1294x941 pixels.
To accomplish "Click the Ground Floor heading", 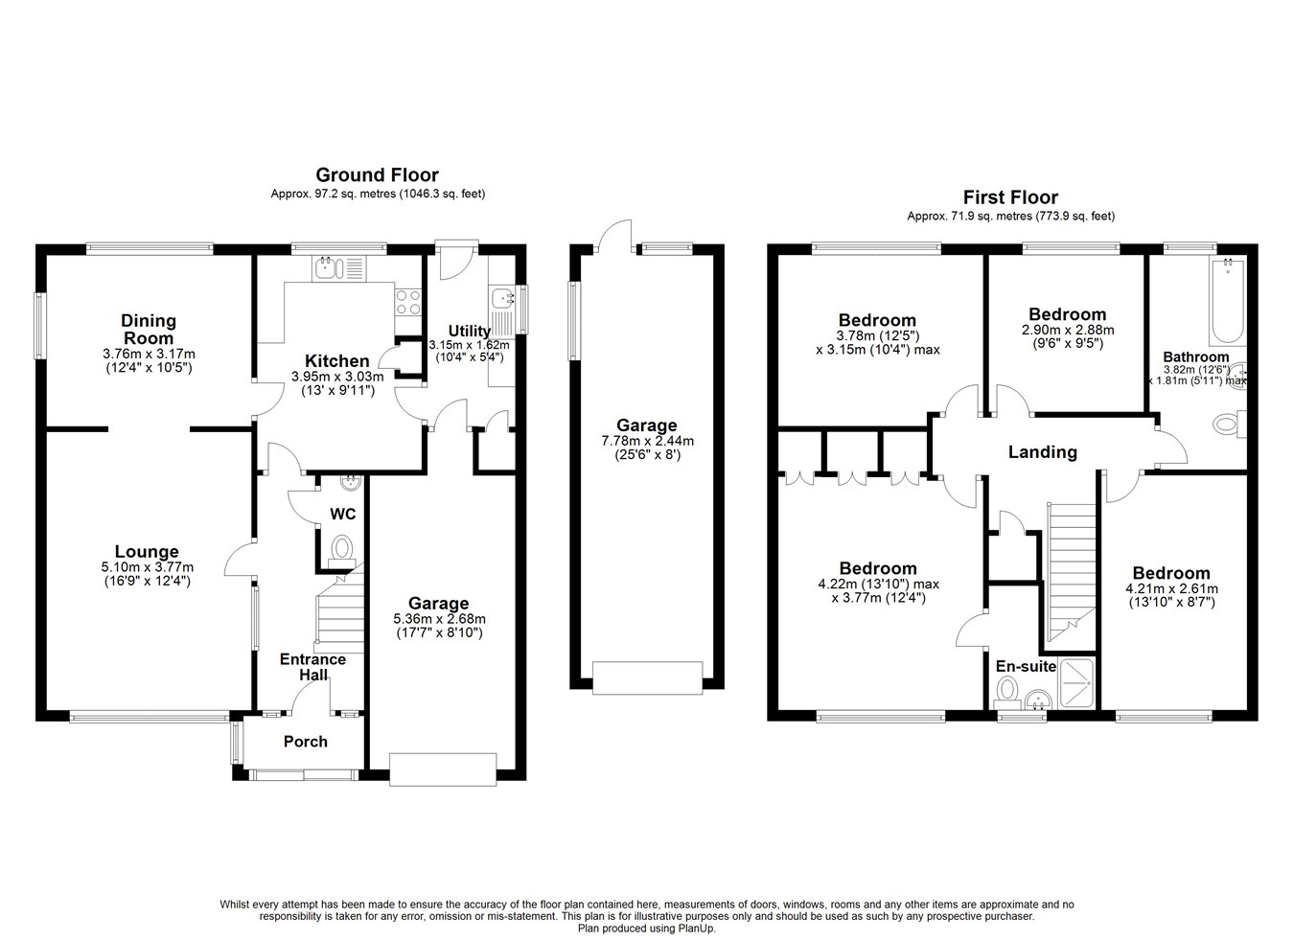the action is click(378, 174).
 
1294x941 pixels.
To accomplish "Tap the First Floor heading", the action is click(1010, 197).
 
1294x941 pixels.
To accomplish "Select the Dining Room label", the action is click(149, 330).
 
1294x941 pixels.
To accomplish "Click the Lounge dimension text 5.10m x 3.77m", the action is click(148, 567).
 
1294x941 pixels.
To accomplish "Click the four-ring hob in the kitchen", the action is click(407, 302).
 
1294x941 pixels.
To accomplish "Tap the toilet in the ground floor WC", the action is click(342, 550).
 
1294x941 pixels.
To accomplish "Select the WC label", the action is click(342, 514).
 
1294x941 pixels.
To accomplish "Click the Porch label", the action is click(305, 742).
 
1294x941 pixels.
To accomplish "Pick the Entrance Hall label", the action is click(312, 667).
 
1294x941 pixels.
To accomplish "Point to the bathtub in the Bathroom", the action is click(1228, 301).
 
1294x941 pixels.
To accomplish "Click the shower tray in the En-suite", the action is click(1076, 684).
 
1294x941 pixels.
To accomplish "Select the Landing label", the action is click(1043, 451).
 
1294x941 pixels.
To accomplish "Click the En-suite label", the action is click(1026, 666).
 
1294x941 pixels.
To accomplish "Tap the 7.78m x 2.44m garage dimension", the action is click(647, 442).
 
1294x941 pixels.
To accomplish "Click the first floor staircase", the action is click(1072, 572).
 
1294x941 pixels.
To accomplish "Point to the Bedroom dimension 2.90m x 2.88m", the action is click(1068, 331).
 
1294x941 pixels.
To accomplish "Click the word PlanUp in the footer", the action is click(697, 929).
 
